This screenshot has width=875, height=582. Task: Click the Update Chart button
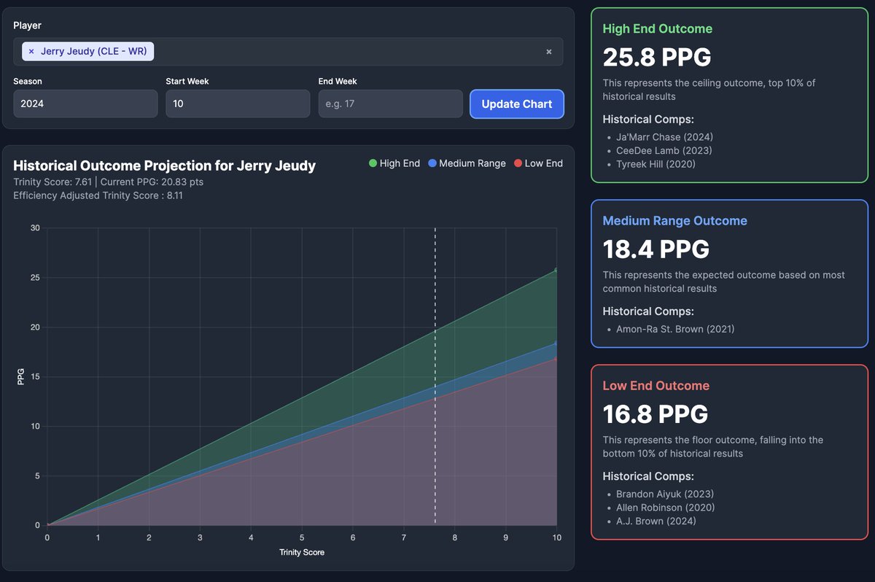516,104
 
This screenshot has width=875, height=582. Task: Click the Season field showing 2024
85,104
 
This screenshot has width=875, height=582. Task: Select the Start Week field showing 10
237,104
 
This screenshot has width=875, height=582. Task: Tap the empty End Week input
390,104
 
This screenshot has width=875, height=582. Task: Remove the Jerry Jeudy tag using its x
31,51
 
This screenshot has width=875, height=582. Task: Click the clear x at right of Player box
549,52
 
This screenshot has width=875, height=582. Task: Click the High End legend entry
394,163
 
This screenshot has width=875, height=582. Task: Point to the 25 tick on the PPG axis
36,278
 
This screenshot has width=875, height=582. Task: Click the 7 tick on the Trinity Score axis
404,538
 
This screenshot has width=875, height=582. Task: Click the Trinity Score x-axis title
302,552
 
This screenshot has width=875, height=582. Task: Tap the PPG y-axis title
20,377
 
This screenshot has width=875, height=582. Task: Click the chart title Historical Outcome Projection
164,166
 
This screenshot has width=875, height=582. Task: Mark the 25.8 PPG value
656,57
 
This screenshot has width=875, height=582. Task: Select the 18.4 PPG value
656,249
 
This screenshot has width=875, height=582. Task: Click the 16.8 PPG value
655,414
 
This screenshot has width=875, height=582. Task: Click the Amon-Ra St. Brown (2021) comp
675,329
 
